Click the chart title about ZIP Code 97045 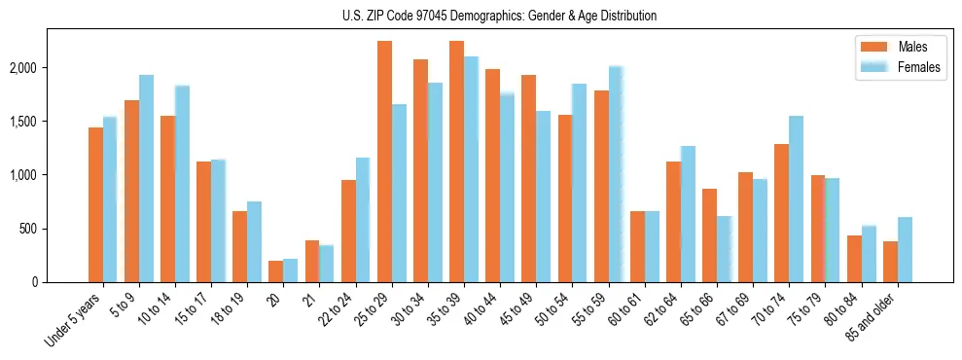point(499,16)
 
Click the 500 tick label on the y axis point(54,229)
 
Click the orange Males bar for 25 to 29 point(384,162)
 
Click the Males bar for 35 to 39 point(456,162)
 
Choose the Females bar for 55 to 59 point(616,174)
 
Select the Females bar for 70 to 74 point(796,198)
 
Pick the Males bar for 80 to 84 point(854,259)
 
